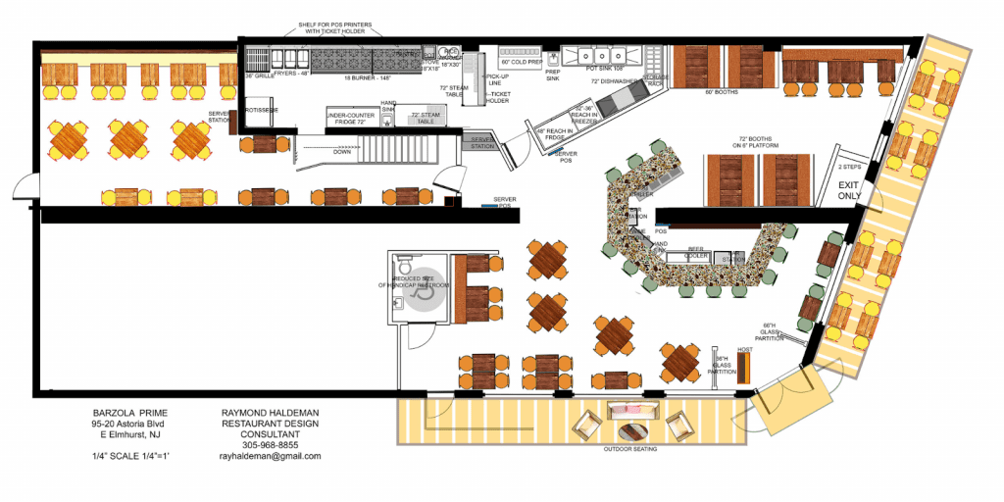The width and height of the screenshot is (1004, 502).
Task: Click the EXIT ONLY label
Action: click(x=849, y=189)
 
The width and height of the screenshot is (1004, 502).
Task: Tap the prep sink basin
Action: click(x=553, y=58)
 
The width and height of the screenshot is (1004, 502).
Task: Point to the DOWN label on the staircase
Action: click(x=342, y=152)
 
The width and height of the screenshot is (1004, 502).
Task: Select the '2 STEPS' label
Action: click(x=848, y=168)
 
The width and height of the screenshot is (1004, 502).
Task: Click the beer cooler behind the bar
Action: click(x=698, y=257)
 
